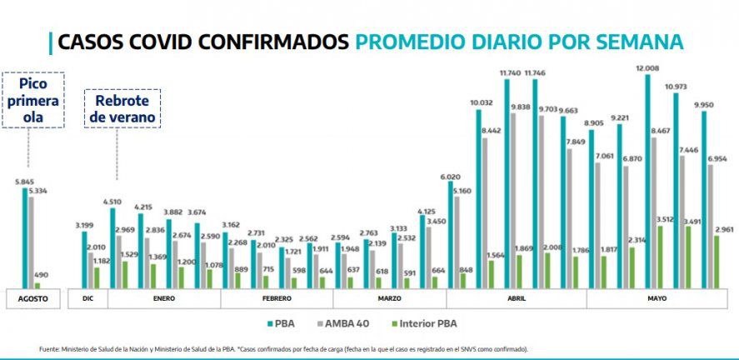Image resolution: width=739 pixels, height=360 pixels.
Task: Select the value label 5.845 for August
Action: (x=23, y=182)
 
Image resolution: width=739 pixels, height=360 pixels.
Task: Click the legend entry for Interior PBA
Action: (x=425, y=322)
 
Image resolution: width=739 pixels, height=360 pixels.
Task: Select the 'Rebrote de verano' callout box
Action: (x=122, y=108)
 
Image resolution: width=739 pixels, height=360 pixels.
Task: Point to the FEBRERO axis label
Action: (x=276, y=297)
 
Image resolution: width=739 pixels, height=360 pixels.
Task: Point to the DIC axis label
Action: (x=87, y=297)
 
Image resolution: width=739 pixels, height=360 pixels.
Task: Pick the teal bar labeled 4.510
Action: (x=112, y=248)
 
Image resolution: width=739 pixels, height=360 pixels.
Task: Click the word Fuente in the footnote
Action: (x=50, y=349)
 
